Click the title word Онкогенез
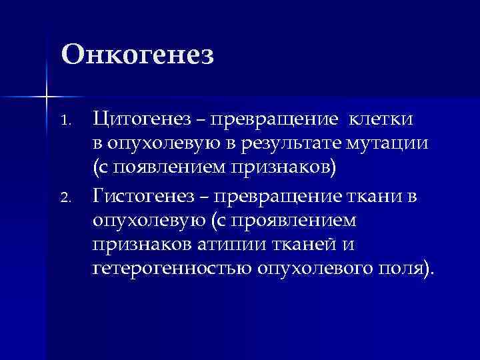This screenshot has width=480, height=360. coord(137,54)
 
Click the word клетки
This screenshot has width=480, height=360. coord(382,119)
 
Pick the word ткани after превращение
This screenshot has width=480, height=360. coord(369,195)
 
